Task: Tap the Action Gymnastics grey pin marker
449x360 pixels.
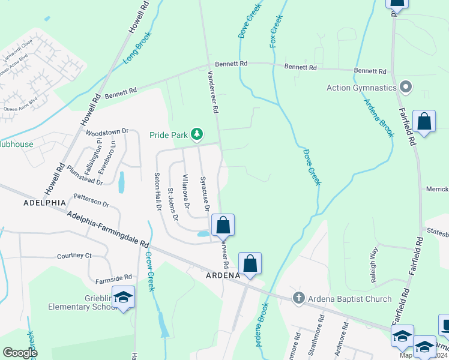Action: pyautogui.click(x=406, y=88)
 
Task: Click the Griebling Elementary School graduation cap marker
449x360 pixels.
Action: pyautogui.click(x=124, y=298)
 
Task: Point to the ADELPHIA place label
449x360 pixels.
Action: pyautogui.click(x=44, y=203)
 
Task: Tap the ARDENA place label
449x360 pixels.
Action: pyautogui.click(x=223, y=276)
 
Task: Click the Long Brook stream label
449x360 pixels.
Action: pyautogui.click(x=135, y=52)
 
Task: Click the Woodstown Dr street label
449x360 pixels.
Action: pyautogui.click(x=107, y=131)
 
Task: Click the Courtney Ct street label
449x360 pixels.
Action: pyautogui.click(x=74, y=256)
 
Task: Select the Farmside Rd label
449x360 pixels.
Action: pyautogui.click(x=113, y=279)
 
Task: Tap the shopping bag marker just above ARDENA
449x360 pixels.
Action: pyautogui.click(x=250, y=263)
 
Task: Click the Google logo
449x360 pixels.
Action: pyautogui.click(x=20, y=352)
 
